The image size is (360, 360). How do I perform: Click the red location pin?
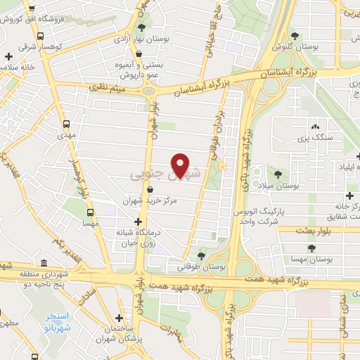point(181,165)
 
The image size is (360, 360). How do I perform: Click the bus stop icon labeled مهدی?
point(67,121)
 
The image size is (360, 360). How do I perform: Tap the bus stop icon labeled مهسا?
point(90,211)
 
